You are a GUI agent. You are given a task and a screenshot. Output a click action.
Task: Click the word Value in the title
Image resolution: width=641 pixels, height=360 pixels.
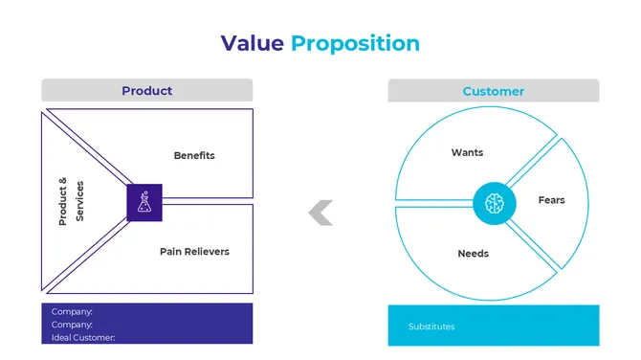tap(253, 43)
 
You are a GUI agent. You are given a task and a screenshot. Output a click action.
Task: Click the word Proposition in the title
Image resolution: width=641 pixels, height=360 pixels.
tap(355, 44)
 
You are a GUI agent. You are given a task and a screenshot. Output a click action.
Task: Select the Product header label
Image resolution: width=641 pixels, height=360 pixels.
tap(146, 91)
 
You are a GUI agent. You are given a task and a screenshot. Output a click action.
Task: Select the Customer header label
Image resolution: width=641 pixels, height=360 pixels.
tap(493, 92)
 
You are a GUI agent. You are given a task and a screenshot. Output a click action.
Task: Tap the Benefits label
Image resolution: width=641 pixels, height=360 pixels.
tap(194, 155)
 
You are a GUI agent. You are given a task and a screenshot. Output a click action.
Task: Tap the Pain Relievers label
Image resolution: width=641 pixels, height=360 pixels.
tap(194, 252)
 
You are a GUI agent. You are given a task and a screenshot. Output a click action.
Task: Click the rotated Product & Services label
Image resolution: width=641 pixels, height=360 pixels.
tap(71, 201)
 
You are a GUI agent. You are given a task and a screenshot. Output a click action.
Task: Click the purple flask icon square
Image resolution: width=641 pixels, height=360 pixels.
tap(144, 202)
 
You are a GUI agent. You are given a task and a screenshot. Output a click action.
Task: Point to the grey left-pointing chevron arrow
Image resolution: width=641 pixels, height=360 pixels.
tap(320, 214)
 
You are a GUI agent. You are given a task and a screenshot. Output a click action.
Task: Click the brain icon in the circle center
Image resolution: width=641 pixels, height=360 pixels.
tap(493, 202)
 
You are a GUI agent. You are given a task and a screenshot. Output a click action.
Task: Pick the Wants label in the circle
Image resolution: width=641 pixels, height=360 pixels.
tap(467, 153)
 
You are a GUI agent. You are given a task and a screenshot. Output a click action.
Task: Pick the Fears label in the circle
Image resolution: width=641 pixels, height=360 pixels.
tap(551, 200)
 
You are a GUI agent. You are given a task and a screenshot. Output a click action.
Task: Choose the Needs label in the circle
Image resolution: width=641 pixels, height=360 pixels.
tap(473, 254)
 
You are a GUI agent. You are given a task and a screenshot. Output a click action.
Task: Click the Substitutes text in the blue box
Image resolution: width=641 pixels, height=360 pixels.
tap(431, 326)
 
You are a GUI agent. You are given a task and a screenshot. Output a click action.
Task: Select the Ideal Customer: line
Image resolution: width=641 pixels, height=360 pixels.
tap(83, 337)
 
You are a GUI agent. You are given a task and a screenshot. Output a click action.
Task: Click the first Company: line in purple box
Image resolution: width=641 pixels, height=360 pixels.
tap(72, 312)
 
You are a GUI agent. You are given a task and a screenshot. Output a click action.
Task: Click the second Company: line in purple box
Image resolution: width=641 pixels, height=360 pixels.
tap(72, 325)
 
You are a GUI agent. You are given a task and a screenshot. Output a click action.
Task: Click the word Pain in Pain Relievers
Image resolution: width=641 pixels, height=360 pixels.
tap(170, 252)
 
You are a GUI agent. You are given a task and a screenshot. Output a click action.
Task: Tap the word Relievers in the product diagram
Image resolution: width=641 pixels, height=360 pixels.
tap(208, 252)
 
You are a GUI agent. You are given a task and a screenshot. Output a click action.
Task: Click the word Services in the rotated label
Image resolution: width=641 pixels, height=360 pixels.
tap(79, 202)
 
